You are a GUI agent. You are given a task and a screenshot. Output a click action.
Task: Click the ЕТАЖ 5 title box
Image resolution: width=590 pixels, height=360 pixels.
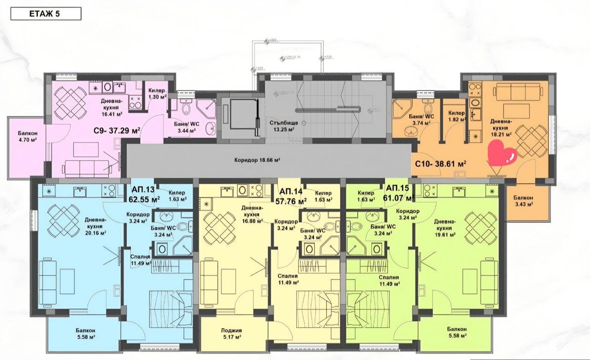(46, 13)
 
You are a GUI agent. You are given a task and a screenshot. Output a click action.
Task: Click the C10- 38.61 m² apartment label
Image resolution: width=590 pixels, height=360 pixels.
(440, 163)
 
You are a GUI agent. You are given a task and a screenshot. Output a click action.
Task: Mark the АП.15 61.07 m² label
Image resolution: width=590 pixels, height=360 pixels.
(399, 194)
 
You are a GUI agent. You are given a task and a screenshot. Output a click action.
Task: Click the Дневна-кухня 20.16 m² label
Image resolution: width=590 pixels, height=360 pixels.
(95, 226)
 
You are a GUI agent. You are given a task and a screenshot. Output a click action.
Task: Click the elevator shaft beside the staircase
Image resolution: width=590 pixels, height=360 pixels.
(238, 118)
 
